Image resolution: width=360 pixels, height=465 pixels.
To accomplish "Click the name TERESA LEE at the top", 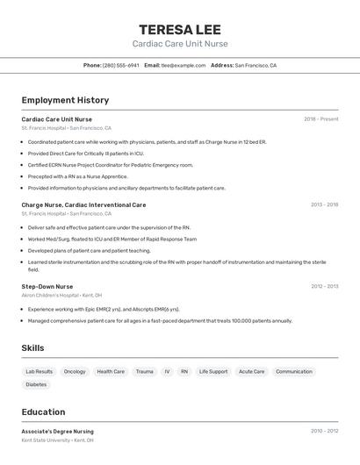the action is [x=180, y=29].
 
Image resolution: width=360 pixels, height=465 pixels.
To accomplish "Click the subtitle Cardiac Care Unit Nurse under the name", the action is [x=180, y=44].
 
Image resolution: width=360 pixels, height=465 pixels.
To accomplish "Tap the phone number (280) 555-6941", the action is [x=120, y=66].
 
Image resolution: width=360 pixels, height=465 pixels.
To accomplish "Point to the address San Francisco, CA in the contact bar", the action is [x=256, y=66].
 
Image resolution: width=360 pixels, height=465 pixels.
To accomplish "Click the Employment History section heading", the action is [x=65, y=100].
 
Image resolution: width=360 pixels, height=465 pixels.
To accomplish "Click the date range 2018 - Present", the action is [x=320, y=119].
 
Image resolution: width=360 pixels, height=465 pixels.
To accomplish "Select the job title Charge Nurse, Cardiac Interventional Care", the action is [x=83, y=204].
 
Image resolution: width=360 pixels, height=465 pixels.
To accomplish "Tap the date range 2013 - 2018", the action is [x=324, y=204].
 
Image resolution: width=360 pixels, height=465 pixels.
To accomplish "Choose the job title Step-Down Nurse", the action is [x=47, y=286].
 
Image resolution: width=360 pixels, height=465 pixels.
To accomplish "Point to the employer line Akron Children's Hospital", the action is [x=61, y=296].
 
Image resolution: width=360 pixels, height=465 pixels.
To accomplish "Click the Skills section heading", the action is [x=32, y=348].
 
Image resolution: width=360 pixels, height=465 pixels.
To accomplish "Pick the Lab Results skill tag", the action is [x=39, y=371].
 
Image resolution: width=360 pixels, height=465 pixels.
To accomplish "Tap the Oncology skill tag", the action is [x=75, y=371].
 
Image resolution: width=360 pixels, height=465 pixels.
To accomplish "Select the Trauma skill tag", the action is [x=144, y=371].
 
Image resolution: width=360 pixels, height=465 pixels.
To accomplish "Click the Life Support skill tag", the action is [x=213, y=371].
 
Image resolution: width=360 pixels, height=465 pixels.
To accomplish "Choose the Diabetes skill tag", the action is [x=36, y=384].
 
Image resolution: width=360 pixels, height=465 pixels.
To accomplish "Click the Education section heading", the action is [x=43, y=412].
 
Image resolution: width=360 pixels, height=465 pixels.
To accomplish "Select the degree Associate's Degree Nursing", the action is [x=57, y=432].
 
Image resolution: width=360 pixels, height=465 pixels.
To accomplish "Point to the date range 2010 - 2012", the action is [x=324, y=432].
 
